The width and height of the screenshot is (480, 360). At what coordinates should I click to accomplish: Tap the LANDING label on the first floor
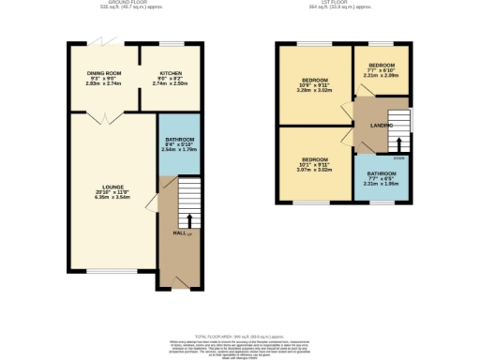pyautogui.click(x=381, y=125)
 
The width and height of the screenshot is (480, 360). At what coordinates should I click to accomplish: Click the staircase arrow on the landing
pyautogui.click(x=400, y=145)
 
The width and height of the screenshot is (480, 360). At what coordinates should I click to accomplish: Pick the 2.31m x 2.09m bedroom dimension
pyautogui.click(x=382, y=77)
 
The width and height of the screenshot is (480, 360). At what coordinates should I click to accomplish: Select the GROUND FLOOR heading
pyautogui.click(x=119, y=3)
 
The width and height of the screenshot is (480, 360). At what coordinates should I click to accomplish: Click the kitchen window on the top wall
pyautogui.click(x=171, y=42)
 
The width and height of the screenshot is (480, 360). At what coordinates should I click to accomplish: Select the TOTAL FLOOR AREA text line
pyautogui.click(x=239, y=336)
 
